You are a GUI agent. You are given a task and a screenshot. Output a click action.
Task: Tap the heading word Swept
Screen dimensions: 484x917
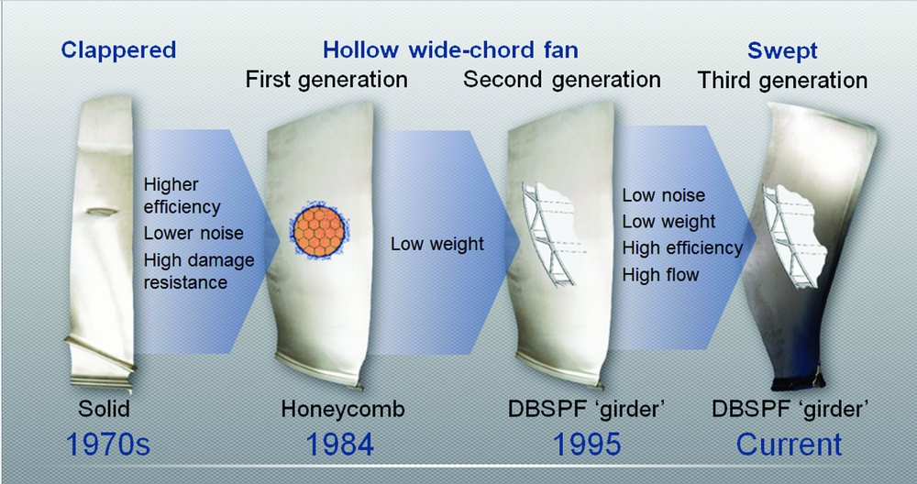click(x=782, y=50)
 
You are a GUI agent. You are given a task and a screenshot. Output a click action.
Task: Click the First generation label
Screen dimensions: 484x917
click(x=326, y=80)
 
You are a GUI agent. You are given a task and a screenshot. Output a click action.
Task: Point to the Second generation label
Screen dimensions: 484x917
click(x=561, y=80)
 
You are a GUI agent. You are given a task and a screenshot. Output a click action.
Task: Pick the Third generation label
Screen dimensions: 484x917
click(x=782, y=81)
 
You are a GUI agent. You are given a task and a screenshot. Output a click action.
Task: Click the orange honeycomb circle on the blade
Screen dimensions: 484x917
click(x=319, y=225)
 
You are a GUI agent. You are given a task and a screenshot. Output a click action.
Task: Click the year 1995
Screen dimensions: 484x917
click(x=587, y=445)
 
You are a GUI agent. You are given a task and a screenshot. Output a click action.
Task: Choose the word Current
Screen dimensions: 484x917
click(x=790, y=445)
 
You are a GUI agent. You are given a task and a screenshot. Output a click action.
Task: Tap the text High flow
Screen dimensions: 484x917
click(x=660, y=274)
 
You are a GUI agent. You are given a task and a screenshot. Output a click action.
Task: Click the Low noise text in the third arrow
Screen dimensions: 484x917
click(x=664, y=195)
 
